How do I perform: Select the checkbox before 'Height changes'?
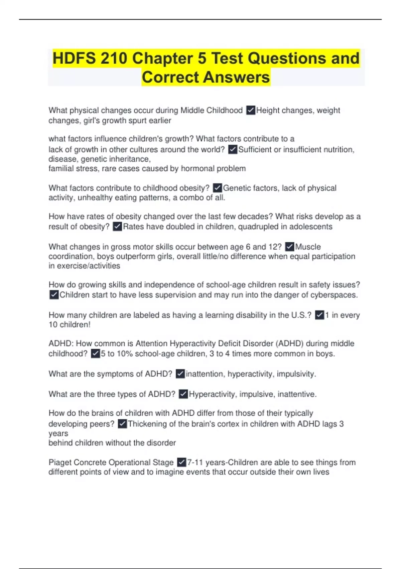tap(251, 110)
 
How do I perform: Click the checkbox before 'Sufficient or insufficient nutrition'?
tap(233, 149)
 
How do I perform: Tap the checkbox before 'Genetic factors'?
tap(218, 188)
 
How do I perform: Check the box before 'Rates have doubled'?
tap(117, 227)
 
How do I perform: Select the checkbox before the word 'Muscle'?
tap(290, 247)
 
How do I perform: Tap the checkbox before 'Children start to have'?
tap(54, 295)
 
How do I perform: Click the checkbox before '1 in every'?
tap(320, 315)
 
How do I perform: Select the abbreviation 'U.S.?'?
tap(301, 315)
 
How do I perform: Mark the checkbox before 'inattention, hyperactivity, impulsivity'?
tap(180, 374)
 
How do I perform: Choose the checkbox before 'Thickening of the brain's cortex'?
tap(123, 424)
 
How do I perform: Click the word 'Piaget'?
tap(60, 463)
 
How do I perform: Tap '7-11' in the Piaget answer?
tap(195, 463)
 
